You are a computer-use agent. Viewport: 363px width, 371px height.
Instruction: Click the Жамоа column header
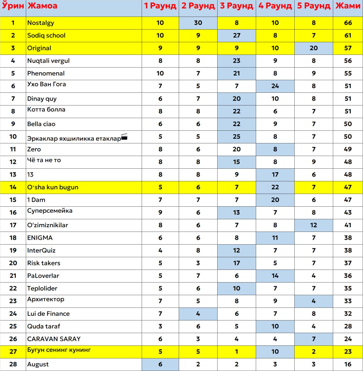tap(42, 6)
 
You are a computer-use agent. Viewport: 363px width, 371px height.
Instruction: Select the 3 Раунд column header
tap(236, 6)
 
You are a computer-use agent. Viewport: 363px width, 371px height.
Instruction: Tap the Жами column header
tap(348, 6)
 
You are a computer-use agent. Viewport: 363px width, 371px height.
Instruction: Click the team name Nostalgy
tap(41, 23)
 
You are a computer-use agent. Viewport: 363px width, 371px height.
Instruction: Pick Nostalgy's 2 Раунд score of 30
tap(198, 23)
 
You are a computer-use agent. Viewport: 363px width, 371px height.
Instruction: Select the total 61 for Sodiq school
tap(348, 36)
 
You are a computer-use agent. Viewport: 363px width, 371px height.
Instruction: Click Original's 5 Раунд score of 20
tap(313, 48)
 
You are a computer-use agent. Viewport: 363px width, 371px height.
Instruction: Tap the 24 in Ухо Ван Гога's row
tap(275, 86)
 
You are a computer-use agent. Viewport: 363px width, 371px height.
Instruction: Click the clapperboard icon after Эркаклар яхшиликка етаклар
tap(124, 137)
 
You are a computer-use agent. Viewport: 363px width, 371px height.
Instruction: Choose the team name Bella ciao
tap(41, 124)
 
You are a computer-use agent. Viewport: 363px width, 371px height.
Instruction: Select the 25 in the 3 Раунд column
tap(236, 137)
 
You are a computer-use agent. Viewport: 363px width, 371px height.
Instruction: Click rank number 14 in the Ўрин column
tap(13, 187)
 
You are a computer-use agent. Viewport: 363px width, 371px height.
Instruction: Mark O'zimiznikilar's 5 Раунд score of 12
tap(313, 225)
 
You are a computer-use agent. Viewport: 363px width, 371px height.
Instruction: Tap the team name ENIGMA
tap(40, 238)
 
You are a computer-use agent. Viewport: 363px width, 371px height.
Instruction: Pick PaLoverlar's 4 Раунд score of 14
tap(275, 276)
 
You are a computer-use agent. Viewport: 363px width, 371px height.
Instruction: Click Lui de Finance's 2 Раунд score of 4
tap(198, 314)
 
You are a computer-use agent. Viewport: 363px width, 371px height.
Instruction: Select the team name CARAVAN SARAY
tap(54, 339)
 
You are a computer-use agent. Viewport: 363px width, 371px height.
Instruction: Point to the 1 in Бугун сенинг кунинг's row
tap(236, 352)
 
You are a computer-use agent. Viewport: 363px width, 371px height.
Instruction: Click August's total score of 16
tap(348, 364)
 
